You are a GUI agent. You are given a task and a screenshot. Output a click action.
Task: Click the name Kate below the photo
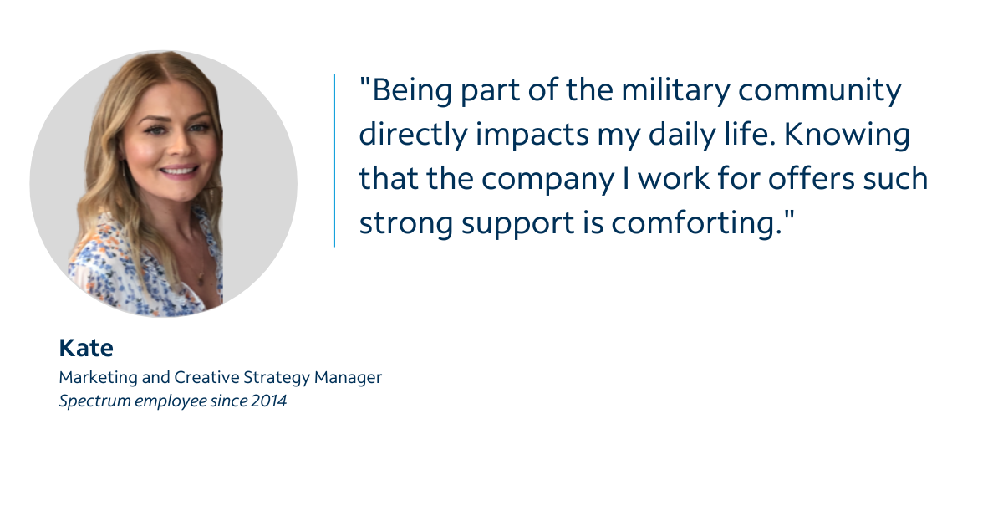[86, 348]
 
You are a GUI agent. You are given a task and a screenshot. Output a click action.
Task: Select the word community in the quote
[819, 92]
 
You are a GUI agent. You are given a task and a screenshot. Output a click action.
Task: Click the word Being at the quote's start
[412, 92]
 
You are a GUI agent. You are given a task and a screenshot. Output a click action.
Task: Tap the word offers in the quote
[812, 178]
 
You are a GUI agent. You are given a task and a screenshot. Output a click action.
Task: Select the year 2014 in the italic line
[268, 401]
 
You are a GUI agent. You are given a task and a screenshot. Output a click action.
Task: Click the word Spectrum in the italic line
[94, 401]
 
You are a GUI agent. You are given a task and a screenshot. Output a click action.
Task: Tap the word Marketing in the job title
[98, 378]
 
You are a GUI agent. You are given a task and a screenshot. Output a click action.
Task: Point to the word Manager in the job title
[348, 378]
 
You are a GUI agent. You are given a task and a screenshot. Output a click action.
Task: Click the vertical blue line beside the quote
[334, 161]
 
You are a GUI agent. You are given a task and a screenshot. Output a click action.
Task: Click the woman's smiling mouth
[179, 171]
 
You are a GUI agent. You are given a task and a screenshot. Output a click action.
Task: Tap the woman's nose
[181, 146]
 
